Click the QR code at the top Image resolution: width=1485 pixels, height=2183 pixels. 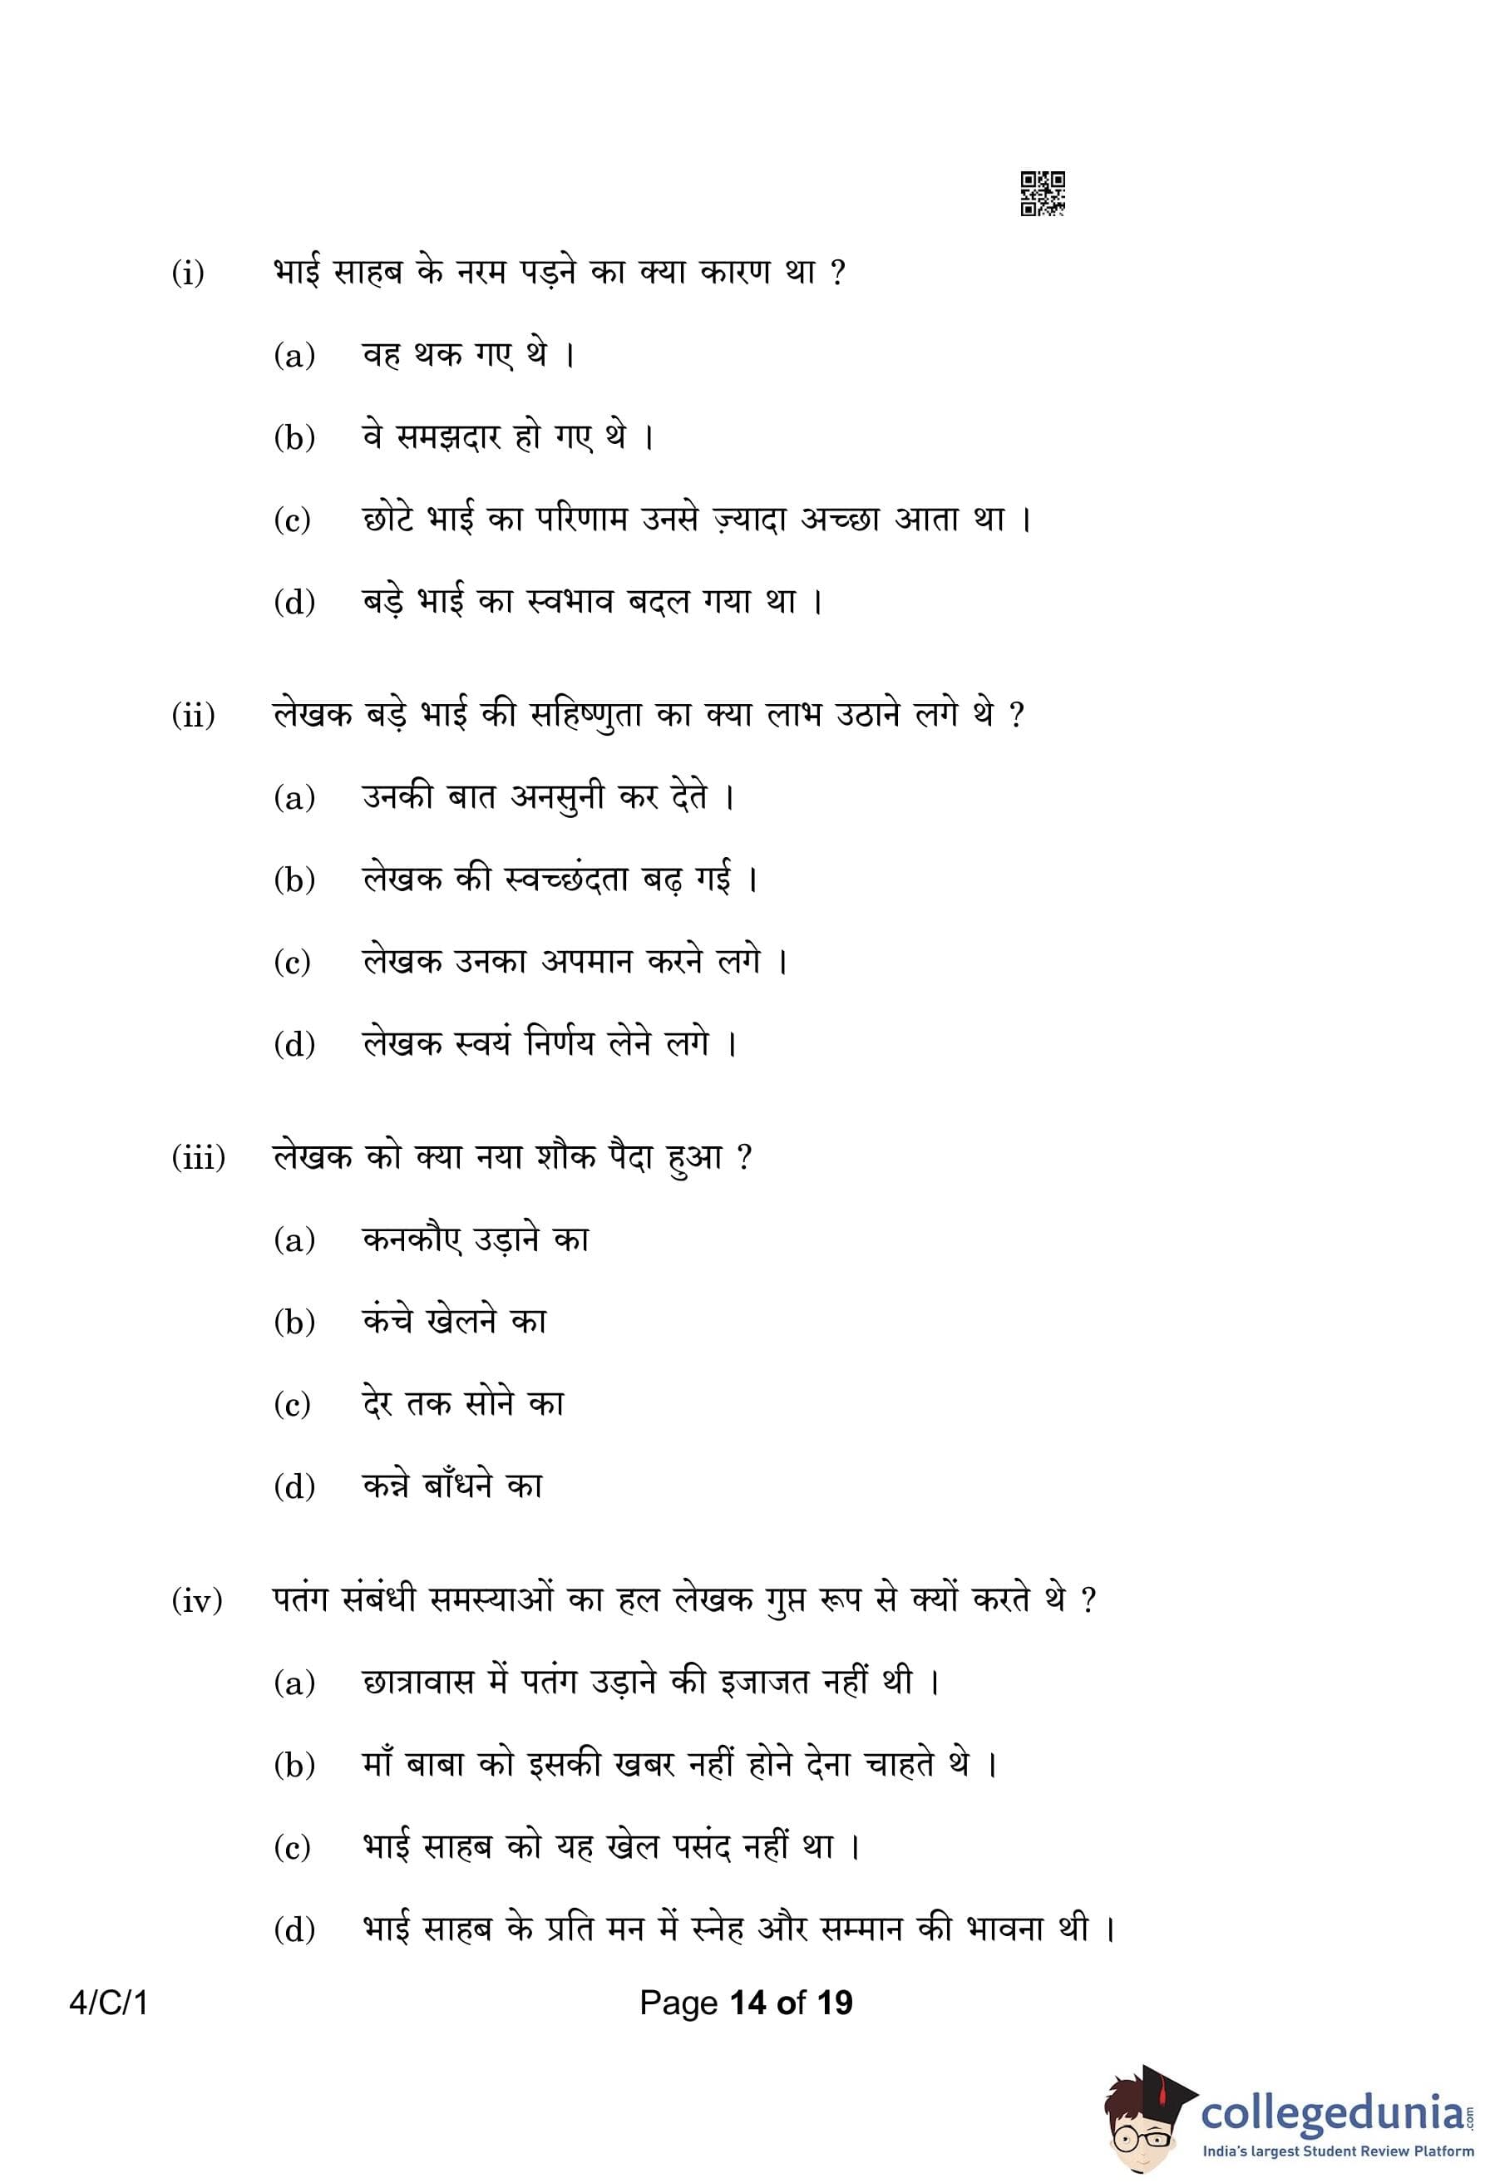tap(1042, 194)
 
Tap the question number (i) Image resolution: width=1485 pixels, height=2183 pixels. tap(188, 273)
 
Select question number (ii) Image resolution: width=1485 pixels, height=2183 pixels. tap(193, 716)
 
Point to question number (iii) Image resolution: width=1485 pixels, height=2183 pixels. tap(198, 1157)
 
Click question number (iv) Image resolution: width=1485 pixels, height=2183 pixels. tap(197, 1599)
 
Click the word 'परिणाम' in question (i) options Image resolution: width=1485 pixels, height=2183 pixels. tap(581, 520)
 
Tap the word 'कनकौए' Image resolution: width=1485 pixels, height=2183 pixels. tap(412, 1240)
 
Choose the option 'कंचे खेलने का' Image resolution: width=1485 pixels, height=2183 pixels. tap(454, 1322)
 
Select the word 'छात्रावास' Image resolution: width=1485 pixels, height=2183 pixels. tap(418, 1682)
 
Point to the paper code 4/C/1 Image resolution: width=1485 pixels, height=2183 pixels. tap(109, 2003)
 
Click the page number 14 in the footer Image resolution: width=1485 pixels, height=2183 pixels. tap(747, 2003)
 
